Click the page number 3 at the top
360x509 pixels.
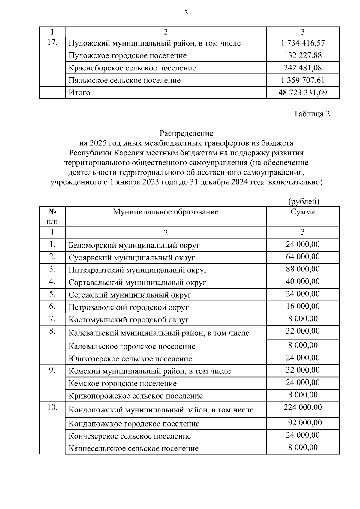point(186,13)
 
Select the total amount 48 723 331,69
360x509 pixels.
point(303,93)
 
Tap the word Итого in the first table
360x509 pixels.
point(79,93)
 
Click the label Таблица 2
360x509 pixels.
point(312,114)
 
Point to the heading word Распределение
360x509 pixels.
point(186,133)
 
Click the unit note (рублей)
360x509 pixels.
point(304,202)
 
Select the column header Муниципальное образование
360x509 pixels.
point(166,212)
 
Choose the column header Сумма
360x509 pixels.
point(303,212)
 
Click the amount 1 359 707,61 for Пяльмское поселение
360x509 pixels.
point(303,80)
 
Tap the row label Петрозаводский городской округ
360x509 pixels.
point(128,307)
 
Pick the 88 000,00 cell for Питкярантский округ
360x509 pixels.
point(303,269)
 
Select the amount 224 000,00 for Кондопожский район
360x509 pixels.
point(303,407)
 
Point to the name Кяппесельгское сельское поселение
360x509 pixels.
point(133,449)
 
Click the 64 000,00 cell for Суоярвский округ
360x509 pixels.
point(303,257)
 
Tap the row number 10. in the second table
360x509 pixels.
point(52,408)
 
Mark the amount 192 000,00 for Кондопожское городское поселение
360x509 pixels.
point(303,423)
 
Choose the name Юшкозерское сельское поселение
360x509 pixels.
point(130,359)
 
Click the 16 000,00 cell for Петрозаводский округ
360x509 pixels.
point(303,306)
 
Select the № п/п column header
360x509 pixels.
point(52,217)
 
